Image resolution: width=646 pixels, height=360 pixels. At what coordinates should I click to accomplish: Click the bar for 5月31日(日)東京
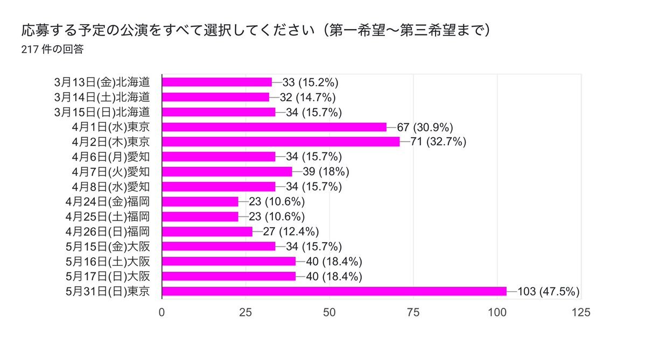click(x=334, y=291)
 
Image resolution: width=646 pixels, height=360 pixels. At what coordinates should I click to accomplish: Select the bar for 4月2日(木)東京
click(x=280, y=142)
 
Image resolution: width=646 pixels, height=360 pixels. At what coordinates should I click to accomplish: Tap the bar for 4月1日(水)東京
click(x=274, y=127)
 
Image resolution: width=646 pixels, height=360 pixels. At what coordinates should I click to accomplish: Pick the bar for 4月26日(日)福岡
click(x=207, y=231)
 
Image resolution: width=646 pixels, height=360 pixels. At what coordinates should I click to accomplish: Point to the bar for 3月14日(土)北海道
click(x=215, y=97)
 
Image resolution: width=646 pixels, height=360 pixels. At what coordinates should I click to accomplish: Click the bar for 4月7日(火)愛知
click(x=227, y=172)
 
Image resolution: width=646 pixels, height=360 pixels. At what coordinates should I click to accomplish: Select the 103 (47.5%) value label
click(x=548, y=292)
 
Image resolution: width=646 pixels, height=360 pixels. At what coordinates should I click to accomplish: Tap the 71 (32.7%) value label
click(x=438, y=142)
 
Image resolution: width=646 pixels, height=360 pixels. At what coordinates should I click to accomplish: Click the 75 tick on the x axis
click(x=413, y=312)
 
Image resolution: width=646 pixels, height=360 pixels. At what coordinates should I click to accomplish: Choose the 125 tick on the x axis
click(x=580, y=312)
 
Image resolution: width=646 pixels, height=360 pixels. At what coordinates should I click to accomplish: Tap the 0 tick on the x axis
click(x=162, y=312)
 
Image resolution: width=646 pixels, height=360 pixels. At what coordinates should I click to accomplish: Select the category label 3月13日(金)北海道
click(x=101, y=82)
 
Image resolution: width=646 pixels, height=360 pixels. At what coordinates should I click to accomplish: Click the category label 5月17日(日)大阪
click(x=107, y=277)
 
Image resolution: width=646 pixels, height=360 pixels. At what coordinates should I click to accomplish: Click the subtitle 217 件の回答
click(x=52, y=50)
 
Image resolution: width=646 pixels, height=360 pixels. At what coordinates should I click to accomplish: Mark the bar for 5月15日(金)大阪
click(x=219, y=246)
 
